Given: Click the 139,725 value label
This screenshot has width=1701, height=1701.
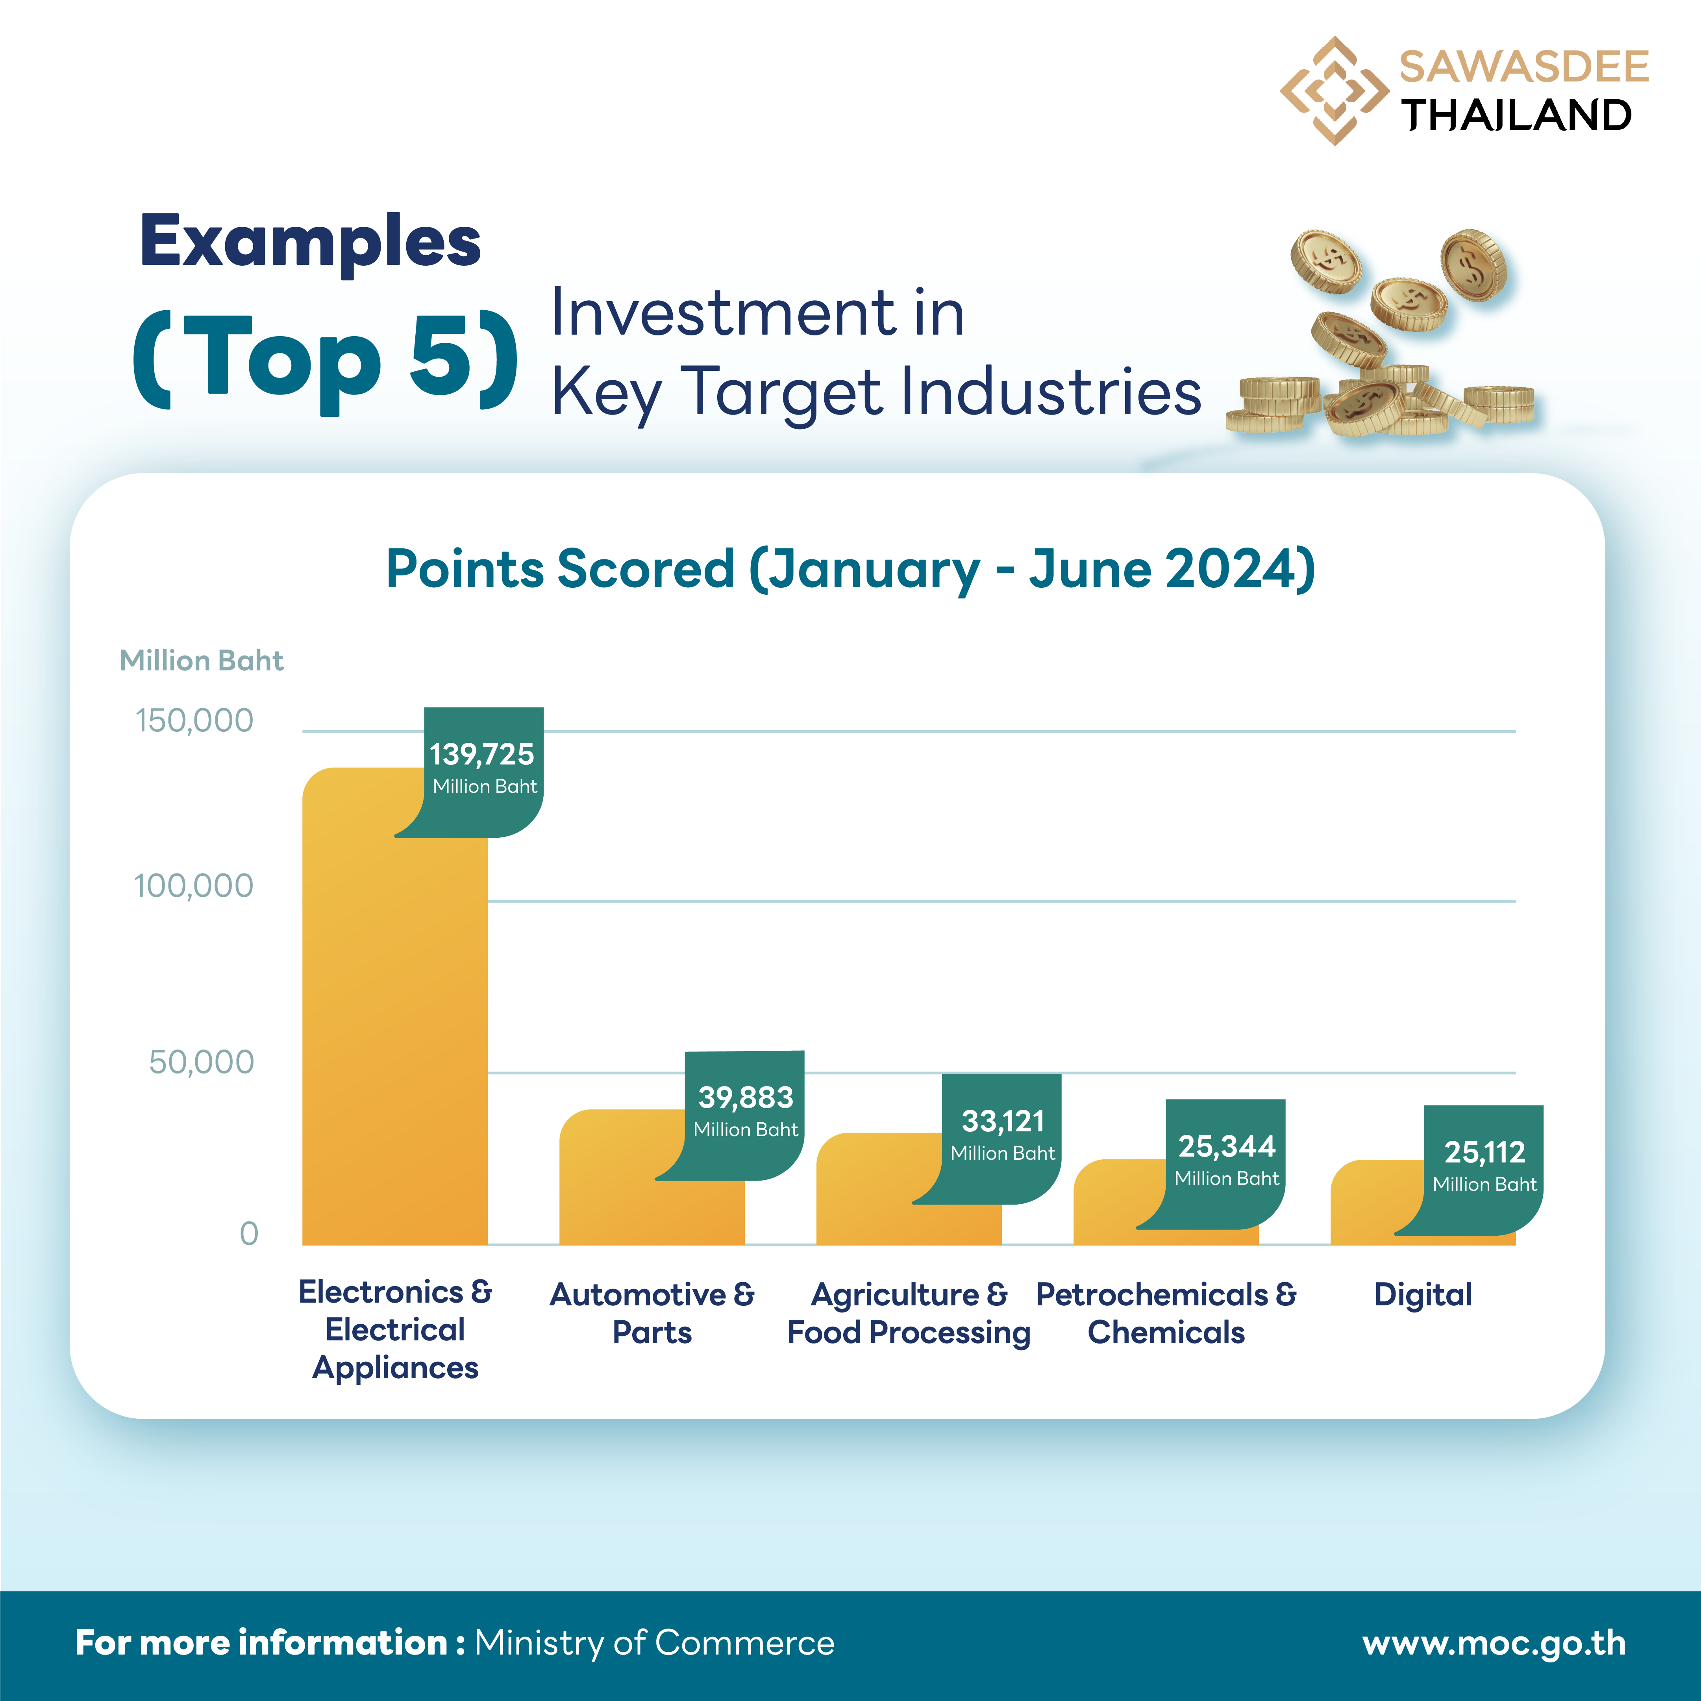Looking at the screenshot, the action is coord(483,755).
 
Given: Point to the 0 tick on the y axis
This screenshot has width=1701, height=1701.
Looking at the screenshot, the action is coord(249,1233).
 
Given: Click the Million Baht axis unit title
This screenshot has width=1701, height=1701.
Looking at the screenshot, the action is coord(202,660).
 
